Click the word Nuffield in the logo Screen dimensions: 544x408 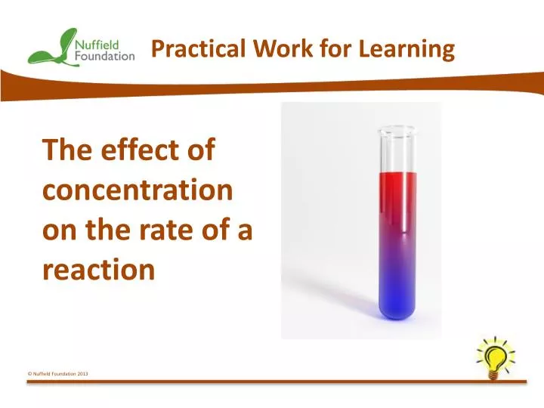[x=97, y=45]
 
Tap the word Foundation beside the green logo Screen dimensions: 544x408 [x=105, y=56]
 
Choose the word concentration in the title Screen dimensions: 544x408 [x=138, y=190]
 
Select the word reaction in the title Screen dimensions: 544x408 [x=98, y=270]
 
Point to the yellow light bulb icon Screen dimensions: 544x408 [x=496, y=358]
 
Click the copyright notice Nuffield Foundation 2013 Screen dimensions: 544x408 [x=57, y=374]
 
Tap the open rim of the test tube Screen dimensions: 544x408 [x=396, y=130]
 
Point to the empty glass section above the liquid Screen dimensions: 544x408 [x=397, y=153]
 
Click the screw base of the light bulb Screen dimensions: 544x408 [x=493, y=376]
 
